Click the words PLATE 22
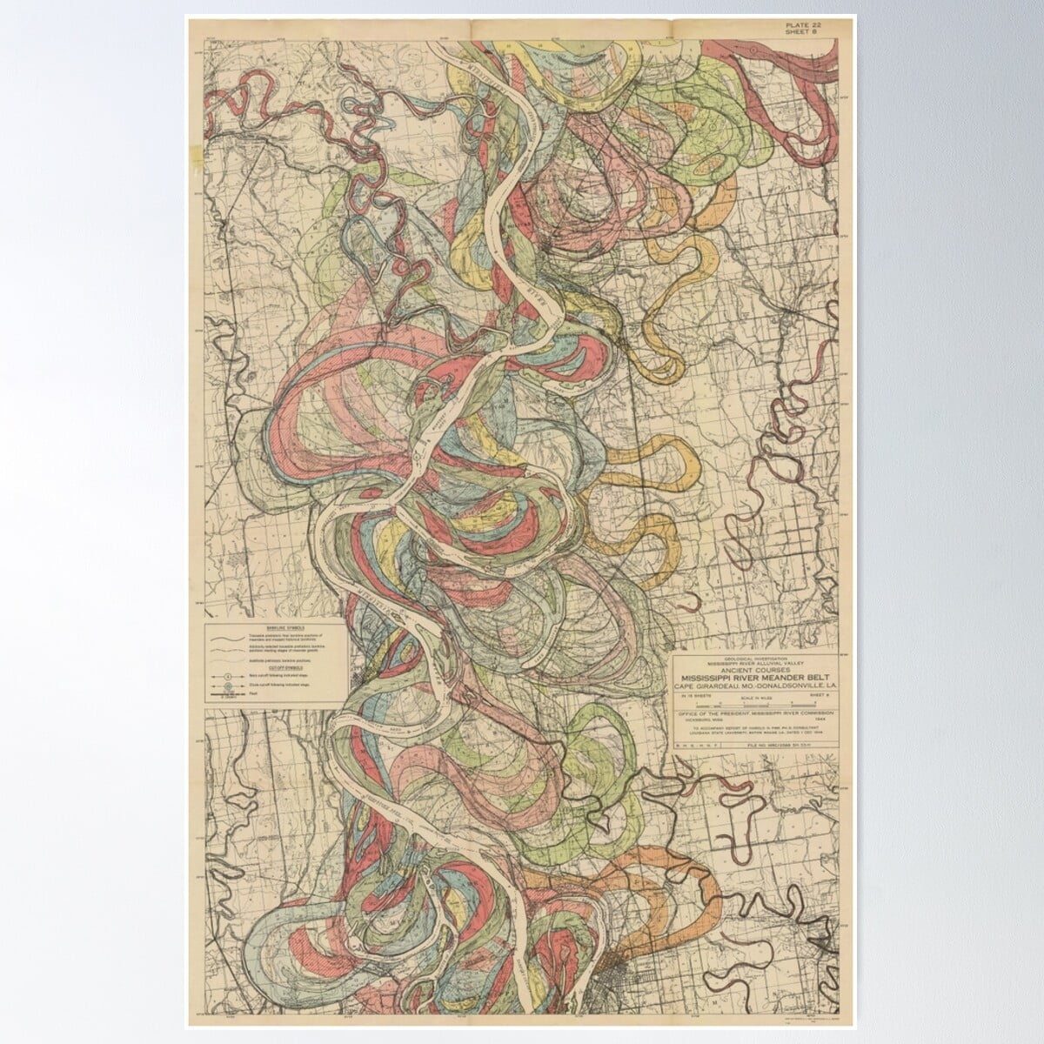pyautogui.click(x=802, y=25)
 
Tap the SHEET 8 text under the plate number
pyautogui.click(x=802, y=34)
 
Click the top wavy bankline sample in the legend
pyautogui.click(x=231, y=638)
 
